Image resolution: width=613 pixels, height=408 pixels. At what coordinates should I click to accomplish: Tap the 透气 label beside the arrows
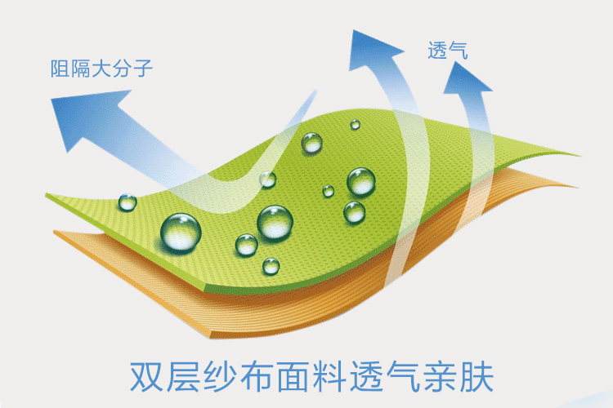(x=447, y=51)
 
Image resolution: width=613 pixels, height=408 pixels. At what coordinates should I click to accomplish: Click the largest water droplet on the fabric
(x=181, y=232)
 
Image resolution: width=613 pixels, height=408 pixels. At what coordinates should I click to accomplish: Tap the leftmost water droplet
(x=128, y=202)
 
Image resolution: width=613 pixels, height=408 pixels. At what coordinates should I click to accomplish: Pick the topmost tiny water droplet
(x=355, y=125)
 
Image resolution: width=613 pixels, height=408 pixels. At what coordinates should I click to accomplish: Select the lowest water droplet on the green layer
(x=271, y=265)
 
